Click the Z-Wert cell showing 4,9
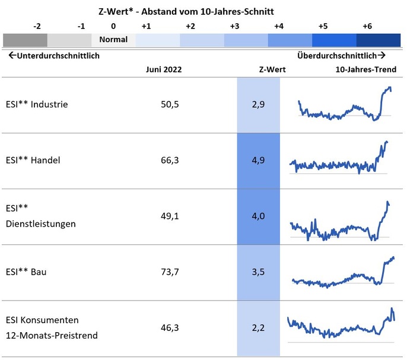pos(258,160)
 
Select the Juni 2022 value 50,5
pos(170,104)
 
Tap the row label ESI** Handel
pos(33,160)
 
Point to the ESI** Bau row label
pos(26,272)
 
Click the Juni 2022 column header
pos(164,69)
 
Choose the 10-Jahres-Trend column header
pos(365,69)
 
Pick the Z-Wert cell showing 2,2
pos(258,327)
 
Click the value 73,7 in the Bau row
pos(170,272)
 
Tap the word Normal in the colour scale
pos(113,40)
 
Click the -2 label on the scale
pos(37,26)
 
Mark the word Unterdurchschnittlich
pos(54,56)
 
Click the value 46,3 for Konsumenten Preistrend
pos(170,327)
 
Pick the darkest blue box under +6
pos(378,40)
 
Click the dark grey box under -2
pos(25,40)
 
